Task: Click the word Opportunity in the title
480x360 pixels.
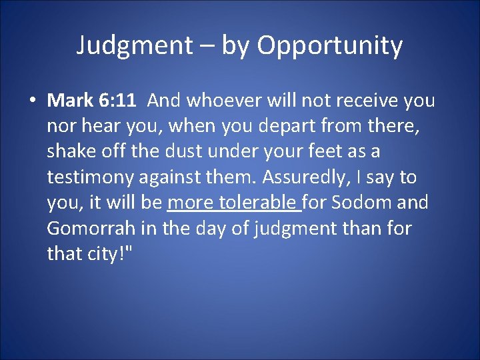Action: tap(330, 46)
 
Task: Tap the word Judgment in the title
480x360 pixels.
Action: tap(133, 45)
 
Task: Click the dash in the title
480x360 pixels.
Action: tap(207, 47)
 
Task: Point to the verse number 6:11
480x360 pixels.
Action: tap(116, 101)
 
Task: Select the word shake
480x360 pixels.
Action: tap(71, 151)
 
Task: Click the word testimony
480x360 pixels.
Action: tap(94, 177)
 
